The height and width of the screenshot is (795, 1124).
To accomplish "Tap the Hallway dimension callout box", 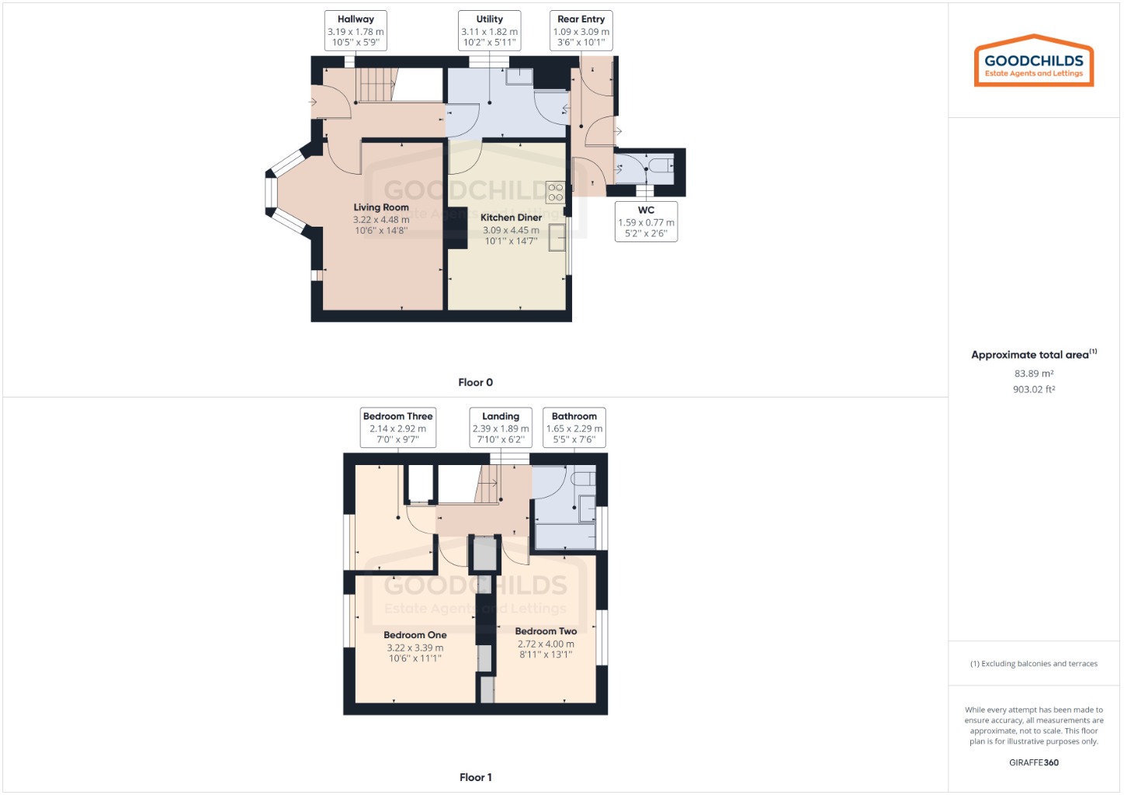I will pos(356,31).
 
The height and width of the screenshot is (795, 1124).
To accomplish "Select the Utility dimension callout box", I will pos(489,31).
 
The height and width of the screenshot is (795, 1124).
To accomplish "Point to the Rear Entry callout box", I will pos(581,31).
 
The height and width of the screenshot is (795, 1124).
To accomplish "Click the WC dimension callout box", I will pos(646,222).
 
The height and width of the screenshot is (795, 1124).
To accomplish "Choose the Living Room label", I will pos(381,207).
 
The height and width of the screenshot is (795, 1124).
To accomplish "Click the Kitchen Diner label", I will pos(511,217).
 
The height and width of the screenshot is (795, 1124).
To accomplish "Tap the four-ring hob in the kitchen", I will pos(555,192).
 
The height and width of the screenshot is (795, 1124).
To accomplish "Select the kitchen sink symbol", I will pos(557,238).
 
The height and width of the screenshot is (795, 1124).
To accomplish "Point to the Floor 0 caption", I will pos(475,382).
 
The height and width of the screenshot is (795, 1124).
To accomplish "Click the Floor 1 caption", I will pos(475,777).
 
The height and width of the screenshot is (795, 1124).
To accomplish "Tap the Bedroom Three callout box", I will pos(397,428).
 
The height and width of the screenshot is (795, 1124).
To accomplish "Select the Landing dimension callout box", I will pos(501,428).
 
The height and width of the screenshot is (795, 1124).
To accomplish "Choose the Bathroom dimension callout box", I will pos(574,428).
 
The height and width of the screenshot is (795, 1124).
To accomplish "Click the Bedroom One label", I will pos(415,635).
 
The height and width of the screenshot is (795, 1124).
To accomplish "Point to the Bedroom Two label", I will pos(546,631).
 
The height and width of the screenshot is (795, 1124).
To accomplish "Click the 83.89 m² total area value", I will pos(1034,373).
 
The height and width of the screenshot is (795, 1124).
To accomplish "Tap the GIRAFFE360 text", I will pos(1034,762).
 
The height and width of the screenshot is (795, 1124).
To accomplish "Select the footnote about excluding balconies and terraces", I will pos(1034,664).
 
